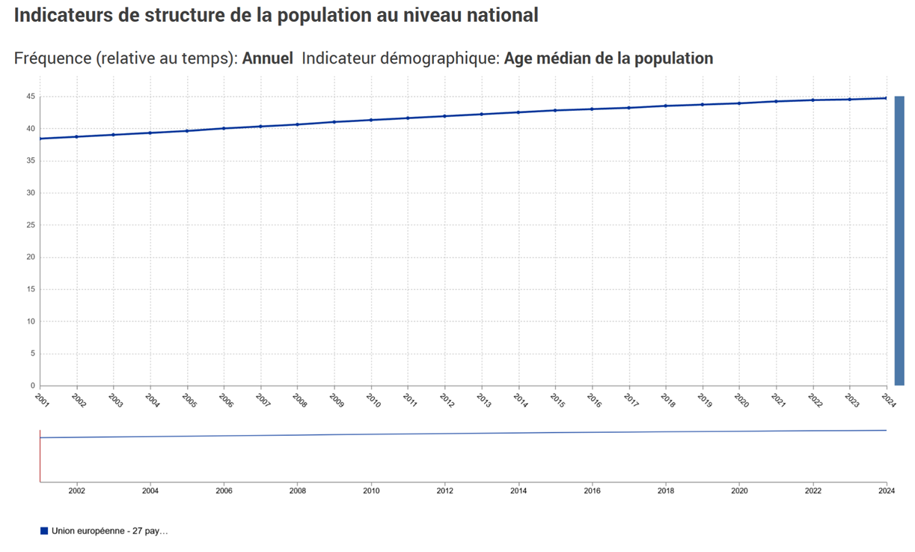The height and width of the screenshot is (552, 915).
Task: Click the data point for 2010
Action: coord(370,120)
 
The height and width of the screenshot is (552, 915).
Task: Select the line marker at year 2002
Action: coord(76,136)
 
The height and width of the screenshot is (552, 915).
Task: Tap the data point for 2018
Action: coord(665,106)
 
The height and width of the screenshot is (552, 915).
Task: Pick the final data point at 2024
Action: coord(886,98)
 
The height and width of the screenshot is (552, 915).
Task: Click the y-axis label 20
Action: coord(30,257)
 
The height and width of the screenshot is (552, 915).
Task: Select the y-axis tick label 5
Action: coord(32,354)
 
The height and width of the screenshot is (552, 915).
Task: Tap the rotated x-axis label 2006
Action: coord(225,400)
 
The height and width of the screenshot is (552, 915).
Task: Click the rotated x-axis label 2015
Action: coord(557,400)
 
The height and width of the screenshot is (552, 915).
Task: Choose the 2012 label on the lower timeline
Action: coord(444,491)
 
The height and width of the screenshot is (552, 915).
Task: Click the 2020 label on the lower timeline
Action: coord(738,491)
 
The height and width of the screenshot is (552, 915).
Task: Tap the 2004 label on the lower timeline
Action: coord(150,491)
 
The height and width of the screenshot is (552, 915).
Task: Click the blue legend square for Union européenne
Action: coord(44,531)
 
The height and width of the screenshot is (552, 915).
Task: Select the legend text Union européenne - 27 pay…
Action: coord(110,531)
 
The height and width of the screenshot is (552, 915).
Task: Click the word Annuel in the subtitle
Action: coord(267,58)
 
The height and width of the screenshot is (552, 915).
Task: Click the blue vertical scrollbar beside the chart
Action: coord(899,240)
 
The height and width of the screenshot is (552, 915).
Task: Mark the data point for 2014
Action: coord(518,112)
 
